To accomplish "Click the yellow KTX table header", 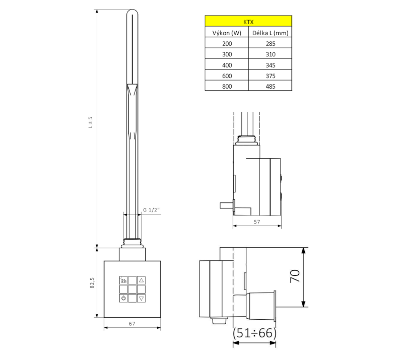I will pos(248,22).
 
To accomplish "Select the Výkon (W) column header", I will pos(226,33).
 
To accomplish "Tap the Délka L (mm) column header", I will pos(270,33).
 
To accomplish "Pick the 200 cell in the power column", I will pos(226,44).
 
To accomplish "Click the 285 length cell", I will pos(270,44).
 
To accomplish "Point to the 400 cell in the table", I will pos(226,65).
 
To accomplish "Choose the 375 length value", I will pos(270,76).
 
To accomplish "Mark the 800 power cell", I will pos(226,86).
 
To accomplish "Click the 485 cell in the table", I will pos(270,86).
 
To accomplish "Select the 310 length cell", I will pos(270,54).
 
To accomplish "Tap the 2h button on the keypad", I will pos(123,280).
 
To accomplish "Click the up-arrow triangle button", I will pos(141,280).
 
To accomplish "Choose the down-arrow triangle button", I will pos(141,298).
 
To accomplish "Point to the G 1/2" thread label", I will pos(152,210).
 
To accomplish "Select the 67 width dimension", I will pos(132,324).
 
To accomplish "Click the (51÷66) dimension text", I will pos(255,333).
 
